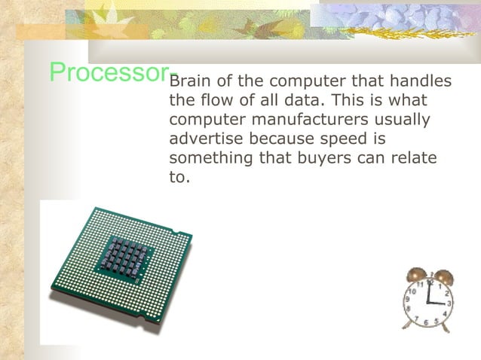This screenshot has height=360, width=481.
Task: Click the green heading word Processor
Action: [109, 72]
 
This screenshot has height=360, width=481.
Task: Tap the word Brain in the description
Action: [191, 81]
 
